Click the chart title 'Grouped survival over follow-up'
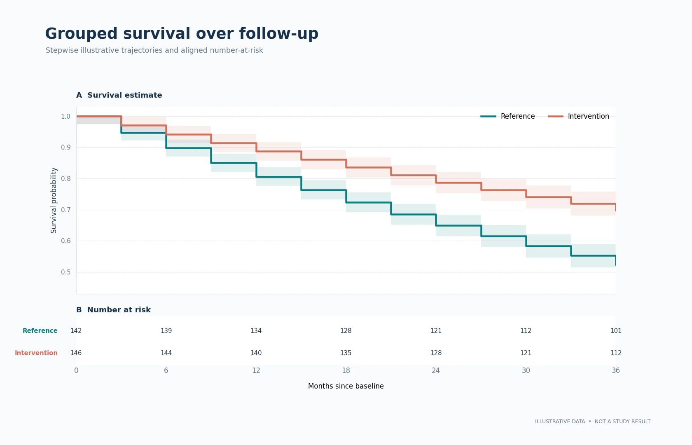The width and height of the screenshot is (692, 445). [182, 34]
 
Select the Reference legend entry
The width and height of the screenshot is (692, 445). [507, 116]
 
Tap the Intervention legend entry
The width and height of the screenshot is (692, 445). [578, 116]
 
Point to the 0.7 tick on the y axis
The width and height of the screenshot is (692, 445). [65, 210]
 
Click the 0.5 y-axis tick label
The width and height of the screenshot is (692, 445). [65, 272]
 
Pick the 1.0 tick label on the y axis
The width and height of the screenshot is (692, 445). [65, 117]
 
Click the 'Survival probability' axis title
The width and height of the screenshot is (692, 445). [54, 200]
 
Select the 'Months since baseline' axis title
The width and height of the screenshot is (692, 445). [346, 386]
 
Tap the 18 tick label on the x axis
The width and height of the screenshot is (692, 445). [346, 370]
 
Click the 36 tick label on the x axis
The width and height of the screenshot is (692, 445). [616, 370]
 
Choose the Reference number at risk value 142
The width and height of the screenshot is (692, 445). [76, 330]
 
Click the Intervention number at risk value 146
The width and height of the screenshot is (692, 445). [76, 353]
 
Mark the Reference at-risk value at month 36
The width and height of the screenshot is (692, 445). [616, 330]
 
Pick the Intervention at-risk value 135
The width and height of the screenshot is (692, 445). [346, 353]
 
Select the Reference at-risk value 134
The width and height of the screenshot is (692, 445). [256, 330]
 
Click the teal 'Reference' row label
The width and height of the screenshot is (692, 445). [40, 330]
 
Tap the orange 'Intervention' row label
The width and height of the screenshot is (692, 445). [36, 353]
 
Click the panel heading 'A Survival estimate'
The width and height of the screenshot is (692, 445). [119, 95]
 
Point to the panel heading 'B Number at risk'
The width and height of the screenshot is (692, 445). [113, 310]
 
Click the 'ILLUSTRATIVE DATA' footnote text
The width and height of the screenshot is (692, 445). [560, 422]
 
